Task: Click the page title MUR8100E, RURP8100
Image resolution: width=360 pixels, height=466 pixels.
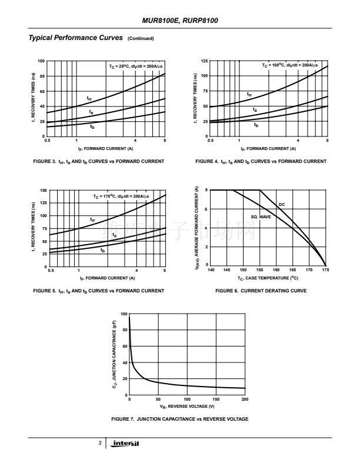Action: click(180, 21)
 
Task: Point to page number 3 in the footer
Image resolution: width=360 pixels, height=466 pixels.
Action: click(100, 443)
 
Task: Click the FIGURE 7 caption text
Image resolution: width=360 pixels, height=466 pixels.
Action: click(179, 418)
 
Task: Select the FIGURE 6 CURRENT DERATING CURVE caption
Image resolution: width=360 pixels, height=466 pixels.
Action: click(261, 291)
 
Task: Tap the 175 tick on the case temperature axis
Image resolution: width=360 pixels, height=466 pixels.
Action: click(325, 271)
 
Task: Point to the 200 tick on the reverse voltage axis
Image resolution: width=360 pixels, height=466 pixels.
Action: click(245, 400)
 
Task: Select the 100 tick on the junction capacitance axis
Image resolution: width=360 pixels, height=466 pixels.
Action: click(124, 314)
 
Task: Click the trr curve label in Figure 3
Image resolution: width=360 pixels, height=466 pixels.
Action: click(89, 98)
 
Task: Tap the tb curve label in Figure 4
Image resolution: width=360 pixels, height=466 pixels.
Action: click(256, 125)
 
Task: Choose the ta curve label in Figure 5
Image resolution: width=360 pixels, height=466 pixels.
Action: click(114, 235)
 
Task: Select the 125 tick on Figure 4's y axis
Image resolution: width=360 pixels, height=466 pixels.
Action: click(204, 61)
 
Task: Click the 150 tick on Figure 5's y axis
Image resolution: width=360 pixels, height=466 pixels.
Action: click(44, 191)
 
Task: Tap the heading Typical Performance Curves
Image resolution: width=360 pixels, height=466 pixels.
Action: click(76, 38)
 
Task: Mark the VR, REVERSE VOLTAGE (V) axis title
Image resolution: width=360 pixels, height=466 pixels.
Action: click(186, 406)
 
